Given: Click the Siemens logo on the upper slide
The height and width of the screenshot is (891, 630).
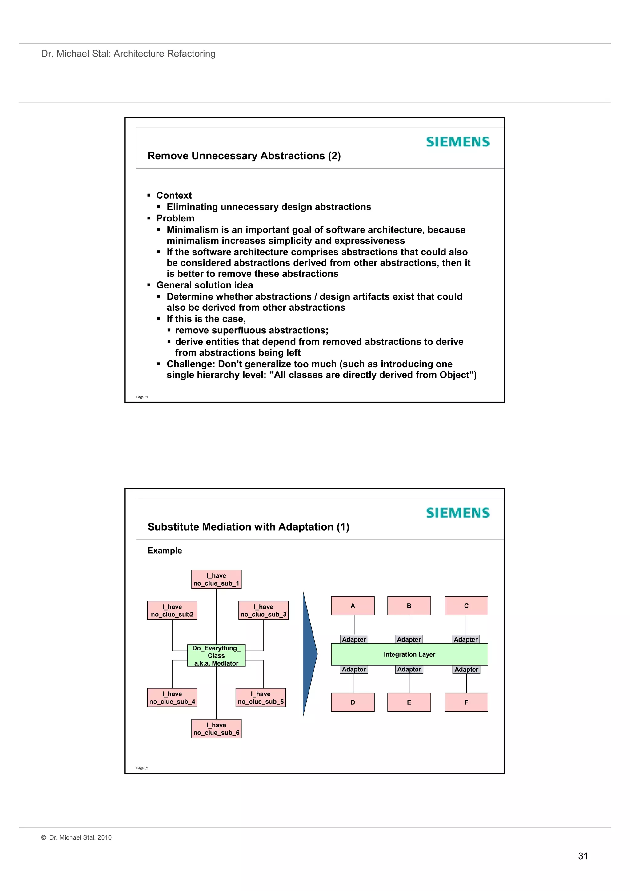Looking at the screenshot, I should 458,142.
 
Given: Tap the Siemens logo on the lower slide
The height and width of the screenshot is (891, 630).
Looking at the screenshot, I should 458,513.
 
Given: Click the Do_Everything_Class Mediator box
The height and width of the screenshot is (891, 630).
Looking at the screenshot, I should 216,655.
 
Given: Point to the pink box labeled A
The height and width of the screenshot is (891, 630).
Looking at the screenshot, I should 353,606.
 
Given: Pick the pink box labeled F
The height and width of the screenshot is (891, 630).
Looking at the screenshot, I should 466,702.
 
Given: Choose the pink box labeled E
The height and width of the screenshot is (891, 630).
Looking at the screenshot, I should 409,702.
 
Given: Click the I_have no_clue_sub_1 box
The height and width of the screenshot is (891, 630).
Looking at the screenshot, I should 216,579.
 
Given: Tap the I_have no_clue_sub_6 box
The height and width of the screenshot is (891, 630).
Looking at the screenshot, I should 216,729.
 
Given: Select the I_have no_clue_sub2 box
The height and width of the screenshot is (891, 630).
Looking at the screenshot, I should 172,611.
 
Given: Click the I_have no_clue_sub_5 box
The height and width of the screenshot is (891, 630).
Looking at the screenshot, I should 261,698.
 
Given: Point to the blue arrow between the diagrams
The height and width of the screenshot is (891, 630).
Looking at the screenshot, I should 309,654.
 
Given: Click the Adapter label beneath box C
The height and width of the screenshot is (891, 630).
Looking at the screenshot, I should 466,639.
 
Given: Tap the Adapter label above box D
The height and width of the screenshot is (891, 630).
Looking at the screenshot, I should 354,670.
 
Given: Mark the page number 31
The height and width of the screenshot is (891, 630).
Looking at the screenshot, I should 583,856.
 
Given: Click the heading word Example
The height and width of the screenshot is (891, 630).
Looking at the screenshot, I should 165,551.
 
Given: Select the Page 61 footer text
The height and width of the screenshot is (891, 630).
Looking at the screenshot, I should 142,397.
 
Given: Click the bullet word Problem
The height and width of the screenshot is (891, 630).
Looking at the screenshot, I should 175,218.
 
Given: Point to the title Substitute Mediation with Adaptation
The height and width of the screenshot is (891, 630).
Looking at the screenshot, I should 248,527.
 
